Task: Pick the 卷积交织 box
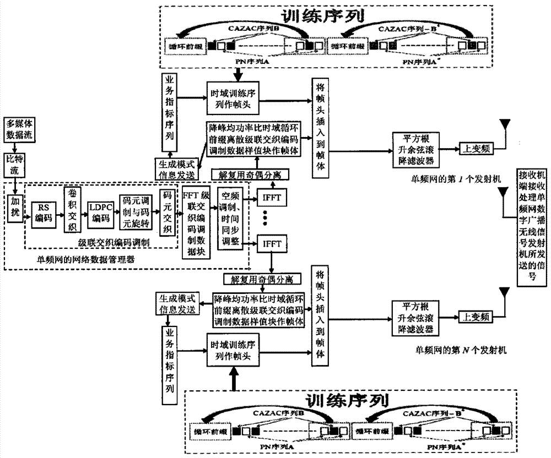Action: [70, 205]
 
